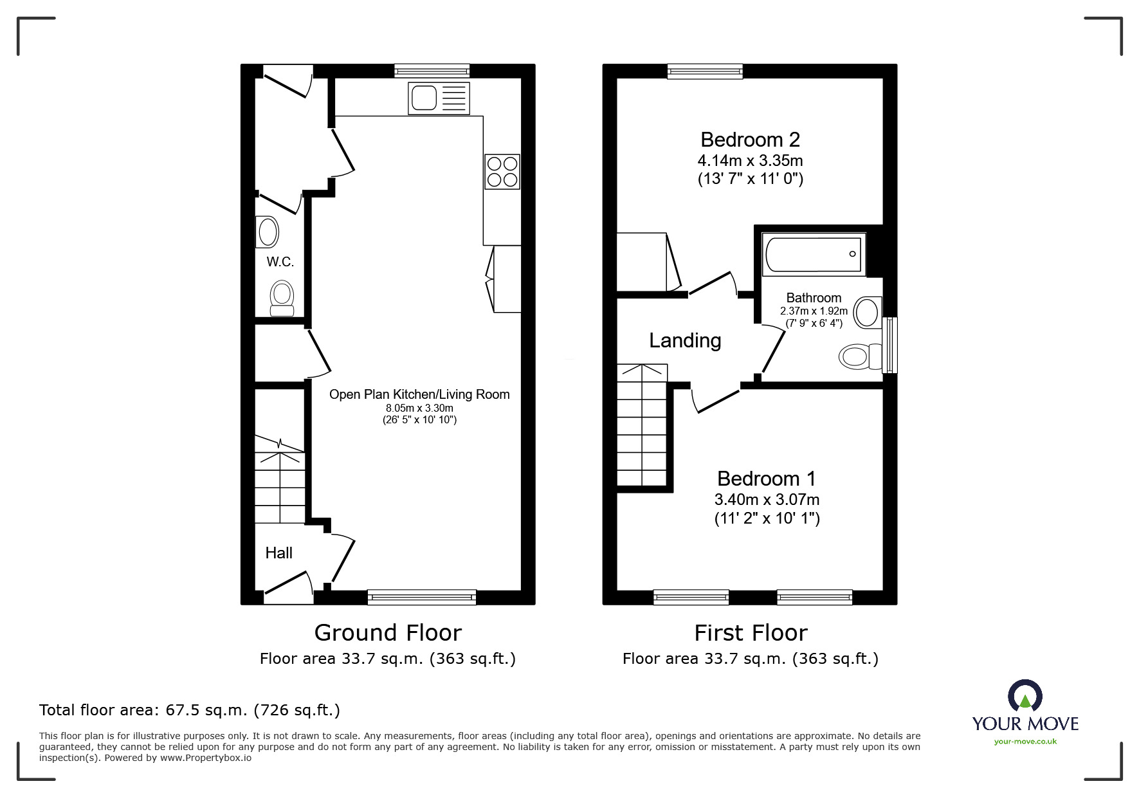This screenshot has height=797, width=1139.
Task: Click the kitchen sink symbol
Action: click(x=439, y=98)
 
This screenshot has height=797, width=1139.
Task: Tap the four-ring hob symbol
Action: click(x=502, y=171)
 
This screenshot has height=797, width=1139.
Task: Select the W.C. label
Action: click(x=280, y=262)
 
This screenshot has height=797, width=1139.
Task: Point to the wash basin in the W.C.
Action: click(x=267, y=232)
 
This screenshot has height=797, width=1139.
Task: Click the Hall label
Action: click(x=278, y=553)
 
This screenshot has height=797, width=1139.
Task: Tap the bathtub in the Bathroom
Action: click(x=814, y=254)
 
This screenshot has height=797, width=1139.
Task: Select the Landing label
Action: click(x=684, y=340)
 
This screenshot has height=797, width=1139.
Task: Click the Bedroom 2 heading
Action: click(x=750, y=140)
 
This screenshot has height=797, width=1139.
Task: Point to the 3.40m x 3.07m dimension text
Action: click(x=767, y=499)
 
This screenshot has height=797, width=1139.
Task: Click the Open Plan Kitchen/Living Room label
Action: click(x=419, y=394)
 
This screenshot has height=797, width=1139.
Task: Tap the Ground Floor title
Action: click(x=387, y=633)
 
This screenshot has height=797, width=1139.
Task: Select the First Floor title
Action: click(x=750, y=633)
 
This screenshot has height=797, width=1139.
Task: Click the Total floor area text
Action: click(x=190, y=710)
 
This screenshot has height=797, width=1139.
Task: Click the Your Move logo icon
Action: click(x=1025, y=697)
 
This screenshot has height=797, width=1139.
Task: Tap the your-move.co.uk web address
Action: click(x=1025, y=742)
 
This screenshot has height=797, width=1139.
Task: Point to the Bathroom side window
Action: click(x=890, y=345)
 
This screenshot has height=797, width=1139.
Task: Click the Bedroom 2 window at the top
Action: click(x=705, y=71)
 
